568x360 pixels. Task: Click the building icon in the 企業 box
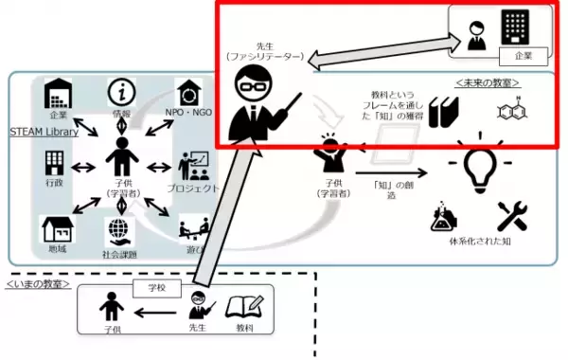pyautogui.click(x=514, y=30)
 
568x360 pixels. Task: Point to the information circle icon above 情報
pyautogui.click(x=121, y=92)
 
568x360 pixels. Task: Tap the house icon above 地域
pyautogui.click(x=56, y=231)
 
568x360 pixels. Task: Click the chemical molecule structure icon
pyautogui.click(x=511, y=112)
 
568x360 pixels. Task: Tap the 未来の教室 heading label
pyautogui.click(x=488, y=82)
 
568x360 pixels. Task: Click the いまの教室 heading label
pyautogui.click(x=38, y=283)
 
